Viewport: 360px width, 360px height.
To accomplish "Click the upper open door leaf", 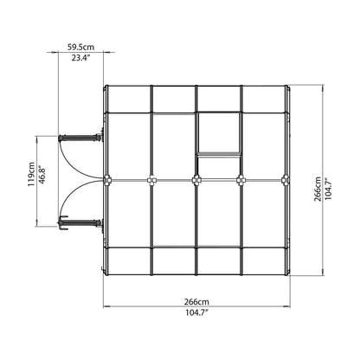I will point(80,136).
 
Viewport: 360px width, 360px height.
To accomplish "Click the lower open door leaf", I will point(80,223).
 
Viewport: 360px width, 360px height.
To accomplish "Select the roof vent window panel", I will point(219,133).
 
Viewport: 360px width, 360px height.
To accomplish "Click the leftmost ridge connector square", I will point(106,180).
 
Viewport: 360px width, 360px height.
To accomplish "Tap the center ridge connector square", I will point(196,180).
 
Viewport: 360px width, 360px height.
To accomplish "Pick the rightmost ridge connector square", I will point(286,180).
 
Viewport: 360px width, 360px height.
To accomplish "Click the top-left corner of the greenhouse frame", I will point(106,86).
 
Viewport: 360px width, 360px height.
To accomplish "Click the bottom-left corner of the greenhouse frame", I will point(106,273).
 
